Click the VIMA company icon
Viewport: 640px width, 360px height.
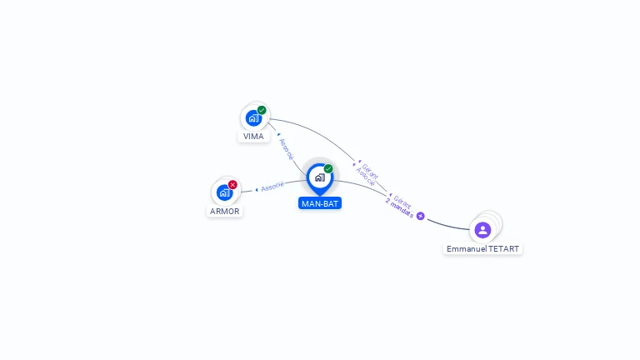click(x=253, y=118)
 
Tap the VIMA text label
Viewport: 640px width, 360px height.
click(x=253, y=136)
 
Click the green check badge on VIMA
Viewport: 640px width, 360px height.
click(x=262, y=110)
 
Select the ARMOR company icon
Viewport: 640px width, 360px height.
click(x=223, y=192)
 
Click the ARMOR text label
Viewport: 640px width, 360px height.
click(x=224, y=211)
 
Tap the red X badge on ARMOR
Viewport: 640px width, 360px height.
click(x=232, y=184)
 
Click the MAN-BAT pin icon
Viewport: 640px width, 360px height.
click(x=319, y=177)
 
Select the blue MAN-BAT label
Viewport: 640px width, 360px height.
click(x=320, y=203)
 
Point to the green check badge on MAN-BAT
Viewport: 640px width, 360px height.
click(x=328, y=168)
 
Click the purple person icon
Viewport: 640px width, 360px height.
click(x=482, y=229)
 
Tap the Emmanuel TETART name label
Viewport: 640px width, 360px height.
click(x=482, y=249)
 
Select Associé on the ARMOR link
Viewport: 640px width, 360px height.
click(x=272, y=187)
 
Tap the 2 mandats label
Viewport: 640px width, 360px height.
click(x=399, y=208)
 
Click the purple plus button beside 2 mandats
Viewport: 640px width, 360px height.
click(x=421, y=216)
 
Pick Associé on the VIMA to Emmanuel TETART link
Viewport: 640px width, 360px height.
click(x=365, y=176)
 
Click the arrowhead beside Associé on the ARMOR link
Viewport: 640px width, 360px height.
click(x=257, y=190)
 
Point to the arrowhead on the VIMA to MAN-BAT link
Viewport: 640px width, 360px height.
click(x=278, y=133)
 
